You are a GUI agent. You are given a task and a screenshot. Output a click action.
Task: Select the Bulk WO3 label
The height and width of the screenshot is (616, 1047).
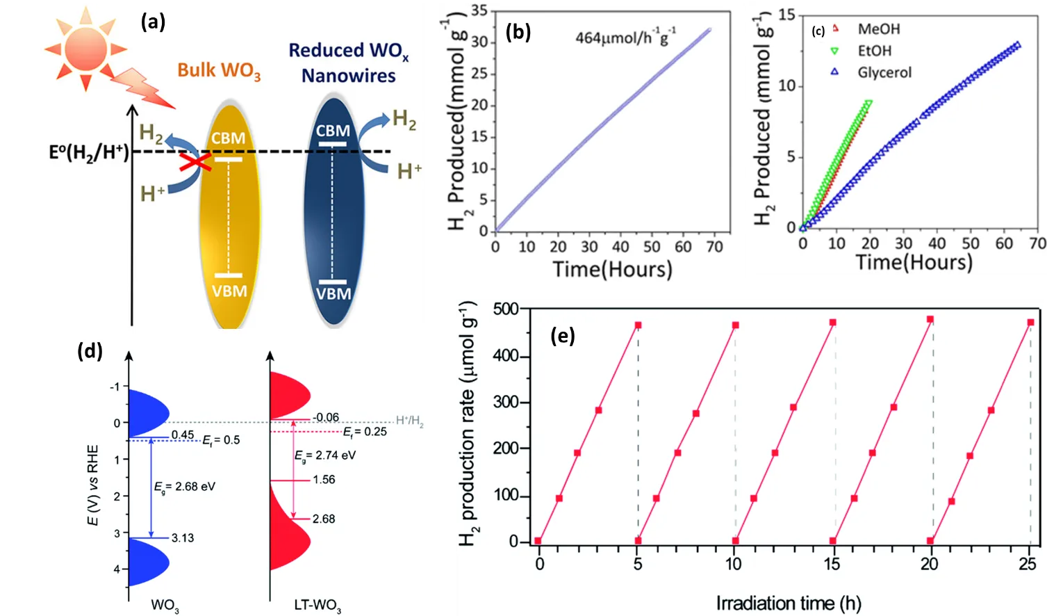tap(219, 71)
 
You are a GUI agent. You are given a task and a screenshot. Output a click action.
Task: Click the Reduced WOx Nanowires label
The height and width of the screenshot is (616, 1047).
tap(348, 63)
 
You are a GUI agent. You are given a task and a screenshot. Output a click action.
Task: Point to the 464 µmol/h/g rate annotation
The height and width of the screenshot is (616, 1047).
tap(625, 37)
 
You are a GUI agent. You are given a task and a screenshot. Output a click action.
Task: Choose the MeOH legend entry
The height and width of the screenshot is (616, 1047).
tap(878, 29)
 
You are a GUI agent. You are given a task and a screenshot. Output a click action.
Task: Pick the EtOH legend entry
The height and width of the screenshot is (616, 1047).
tap(874, 51)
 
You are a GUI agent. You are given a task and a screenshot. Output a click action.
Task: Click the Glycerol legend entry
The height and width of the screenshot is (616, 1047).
tap(884, 72)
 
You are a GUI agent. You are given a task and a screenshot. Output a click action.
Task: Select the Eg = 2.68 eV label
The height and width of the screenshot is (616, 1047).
tap(185, 487)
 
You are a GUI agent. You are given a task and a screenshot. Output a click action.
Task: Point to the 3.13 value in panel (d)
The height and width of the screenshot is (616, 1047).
tap(183, 537)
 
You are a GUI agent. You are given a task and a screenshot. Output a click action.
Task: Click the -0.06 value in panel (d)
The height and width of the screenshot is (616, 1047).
tap(325, 417)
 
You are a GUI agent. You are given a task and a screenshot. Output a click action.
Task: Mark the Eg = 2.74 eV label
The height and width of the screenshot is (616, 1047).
tap(325, 455)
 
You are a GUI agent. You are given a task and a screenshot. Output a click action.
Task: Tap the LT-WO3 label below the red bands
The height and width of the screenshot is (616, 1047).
tap(318, 606)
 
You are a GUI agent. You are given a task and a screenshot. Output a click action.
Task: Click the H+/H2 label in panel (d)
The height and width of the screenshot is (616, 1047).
tap(410, 421)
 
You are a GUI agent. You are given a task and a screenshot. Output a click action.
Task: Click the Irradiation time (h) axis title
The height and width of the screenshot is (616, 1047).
tap(789, 603)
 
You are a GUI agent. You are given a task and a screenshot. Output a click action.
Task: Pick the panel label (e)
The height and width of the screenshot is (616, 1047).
tap(562, 337)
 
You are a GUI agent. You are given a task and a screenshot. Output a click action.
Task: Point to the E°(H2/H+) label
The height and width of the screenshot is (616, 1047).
tap(89, 152)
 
